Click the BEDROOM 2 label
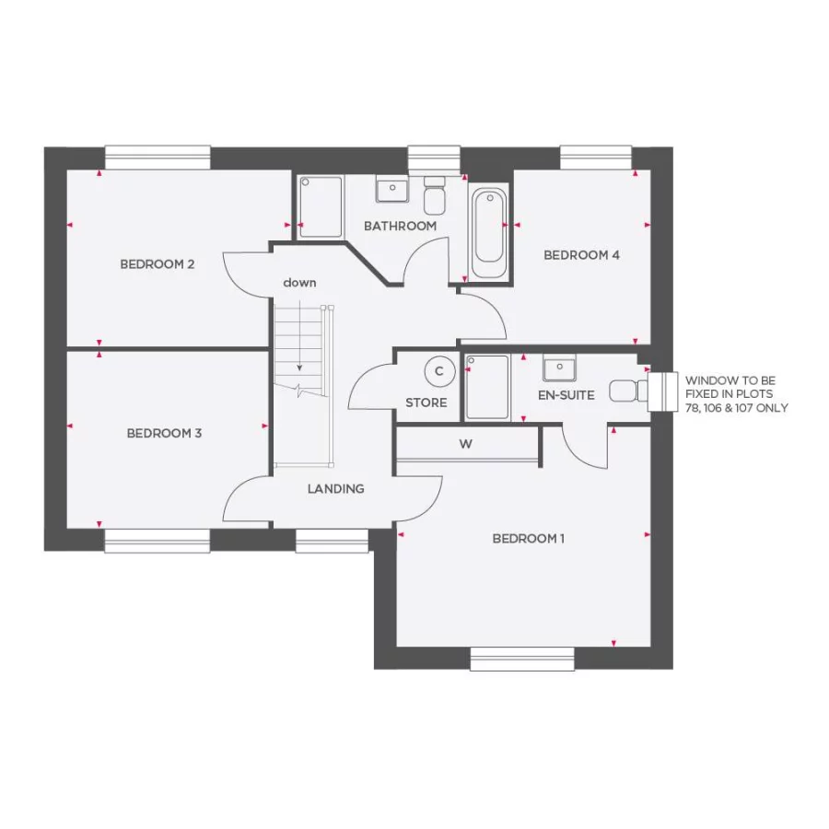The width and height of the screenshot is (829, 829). [158, 264]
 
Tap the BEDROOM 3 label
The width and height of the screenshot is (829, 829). [164, 433]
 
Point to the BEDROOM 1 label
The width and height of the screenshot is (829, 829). [529, 539]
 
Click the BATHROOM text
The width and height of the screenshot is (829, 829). [400, 226]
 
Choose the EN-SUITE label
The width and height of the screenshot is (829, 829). [566, 395]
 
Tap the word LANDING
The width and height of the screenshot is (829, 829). [335, 489]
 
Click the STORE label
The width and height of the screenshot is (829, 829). [426, 403]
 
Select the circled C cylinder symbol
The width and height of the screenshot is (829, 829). [439, 371]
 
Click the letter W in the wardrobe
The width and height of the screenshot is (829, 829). [466, 444]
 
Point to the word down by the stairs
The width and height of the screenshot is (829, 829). [299, 283]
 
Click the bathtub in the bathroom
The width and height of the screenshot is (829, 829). [488, 233]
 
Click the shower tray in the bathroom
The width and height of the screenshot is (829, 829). [321, 206]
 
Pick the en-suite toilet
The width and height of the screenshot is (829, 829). [628, 391]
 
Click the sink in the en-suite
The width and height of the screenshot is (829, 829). [559, 368]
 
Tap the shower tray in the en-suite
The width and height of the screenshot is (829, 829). [487, 388]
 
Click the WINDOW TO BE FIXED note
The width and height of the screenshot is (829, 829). [736, 393]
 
